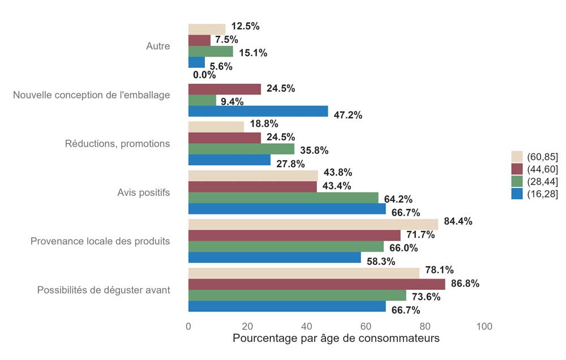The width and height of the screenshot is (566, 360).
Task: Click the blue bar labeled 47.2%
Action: coord(258,111)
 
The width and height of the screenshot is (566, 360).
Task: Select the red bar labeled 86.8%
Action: coord(316,284)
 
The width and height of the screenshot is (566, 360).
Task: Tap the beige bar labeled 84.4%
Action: coord(313,224)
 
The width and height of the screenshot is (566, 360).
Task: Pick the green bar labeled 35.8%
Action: coord(241,149)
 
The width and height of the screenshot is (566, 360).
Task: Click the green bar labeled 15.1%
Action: coord(211,52)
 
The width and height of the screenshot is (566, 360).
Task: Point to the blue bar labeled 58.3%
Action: coord(275,258)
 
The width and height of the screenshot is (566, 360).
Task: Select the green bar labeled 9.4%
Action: coord(202,100)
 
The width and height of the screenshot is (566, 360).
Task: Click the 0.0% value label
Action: coord(204,75)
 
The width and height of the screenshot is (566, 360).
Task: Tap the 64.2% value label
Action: coord(398,199)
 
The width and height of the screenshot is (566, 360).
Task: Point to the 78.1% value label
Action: coord(439,270)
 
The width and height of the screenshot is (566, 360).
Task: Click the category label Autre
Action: coord(158,46)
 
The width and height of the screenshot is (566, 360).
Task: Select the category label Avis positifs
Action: coord(140,192)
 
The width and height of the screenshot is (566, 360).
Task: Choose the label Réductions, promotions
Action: coord(117,144)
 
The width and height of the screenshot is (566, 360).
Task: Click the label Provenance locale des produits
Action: coord(100,241)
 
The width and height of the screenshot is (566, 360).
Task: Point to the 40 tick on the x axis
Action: coord(307,327)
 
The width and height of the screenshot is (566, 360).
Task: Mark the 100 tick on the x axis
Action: coord(484,327)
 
